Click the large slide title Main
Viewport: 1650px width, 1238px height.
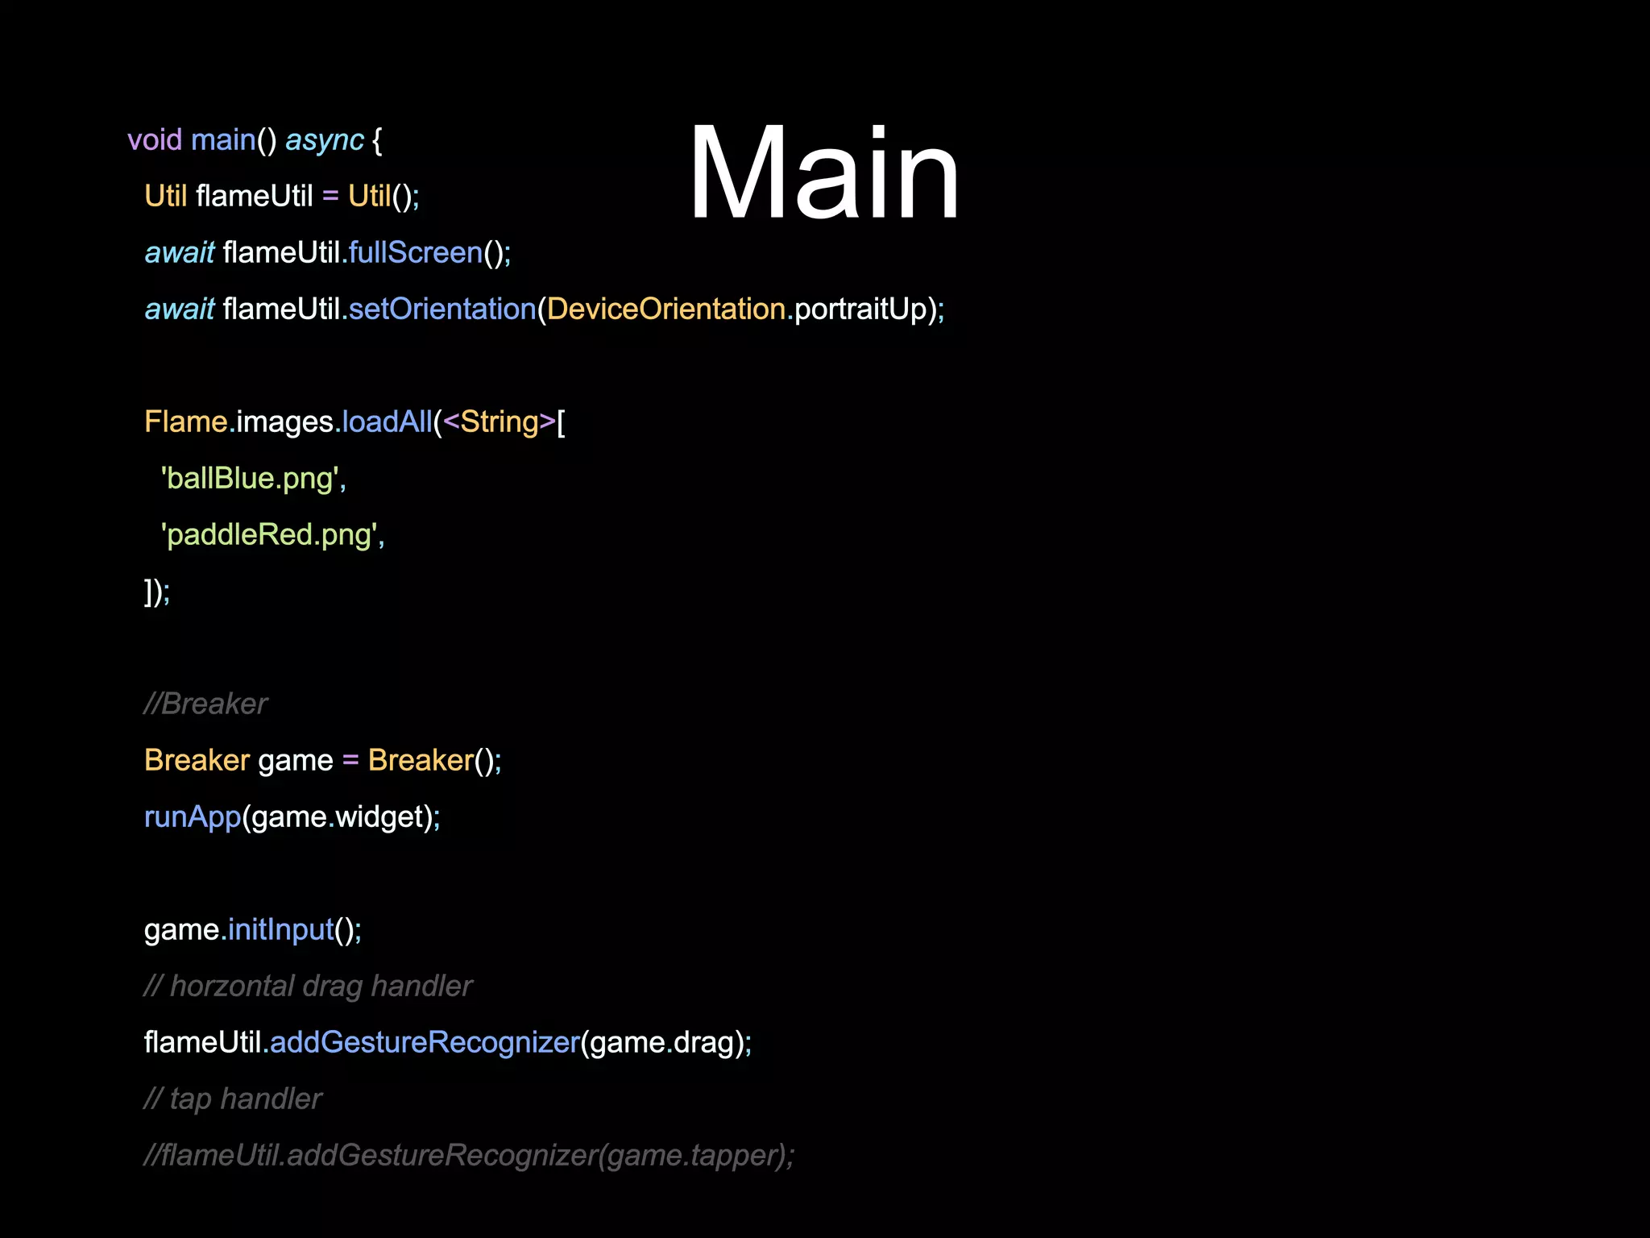(823, 173)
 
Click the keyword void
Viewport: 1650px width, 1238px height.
(155, 140)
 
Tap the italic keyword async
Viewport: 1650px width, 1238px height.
(325, 140)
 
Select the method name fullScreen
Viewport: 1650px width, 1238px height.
(415, 253)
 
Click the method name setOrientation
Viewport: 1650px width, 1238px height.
(442, 309)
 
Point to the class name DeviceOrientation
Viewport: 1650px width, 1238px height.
(666, 309)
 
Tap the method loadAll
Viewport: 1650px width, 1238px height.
(387, 422)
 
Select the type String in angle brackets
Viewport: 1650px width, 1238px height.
(499, 422)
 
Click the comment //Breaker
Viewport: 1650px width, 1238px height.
(205, 704)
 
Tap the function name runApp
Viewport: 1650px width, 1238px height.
(193, 817)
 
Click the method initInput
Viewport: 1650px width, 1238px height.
(280, 930)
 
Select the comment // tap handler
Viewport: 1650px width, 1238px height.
(233, 1099)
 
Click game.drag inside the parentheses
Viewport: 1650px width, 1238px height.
(661, 1043)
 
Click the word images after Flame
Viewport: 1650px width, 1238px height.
(284, 422)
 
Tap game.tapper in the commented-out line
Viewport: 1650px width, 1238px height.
(693, 1156)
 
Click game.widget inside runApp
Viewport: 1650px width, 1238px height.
(338, 817)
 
